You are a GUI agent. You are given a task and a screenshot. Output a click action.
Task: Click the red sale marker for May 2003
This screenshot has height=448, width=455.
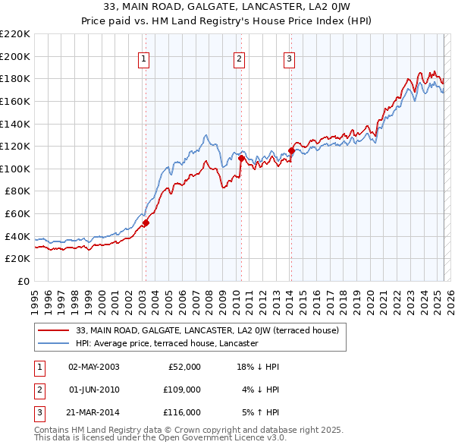coord(146,222)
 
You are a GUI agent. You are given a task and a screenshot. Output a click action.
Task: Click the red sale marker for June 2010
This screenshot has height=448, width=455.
coord(241,159)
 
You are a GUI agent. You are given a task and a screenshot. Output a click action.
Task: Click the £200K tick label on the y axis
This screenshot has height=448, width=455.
coord(15,56)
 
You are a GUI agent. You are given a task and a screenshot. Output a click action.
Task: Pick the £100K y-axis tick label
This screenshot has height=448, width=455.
coord(15,169)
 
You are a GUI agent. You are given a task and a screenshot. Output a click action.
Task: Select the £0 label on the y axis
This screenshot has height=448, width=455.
coord(24,282)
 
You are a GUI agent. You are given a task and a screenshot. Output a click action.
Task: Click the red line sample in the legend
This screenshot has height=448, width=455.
coord(53,330)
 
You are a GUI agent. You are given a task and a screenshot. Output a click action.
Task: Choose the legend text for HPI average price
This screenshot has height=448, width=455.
coord(167,343)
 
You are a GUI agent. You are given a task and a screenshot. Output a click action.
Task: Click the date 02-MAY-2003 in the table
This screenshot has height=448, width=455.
coord(94,367)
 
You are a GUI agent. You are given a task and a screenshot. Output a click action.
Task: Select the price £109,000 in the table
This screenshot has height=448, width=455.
coord(183,390)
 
